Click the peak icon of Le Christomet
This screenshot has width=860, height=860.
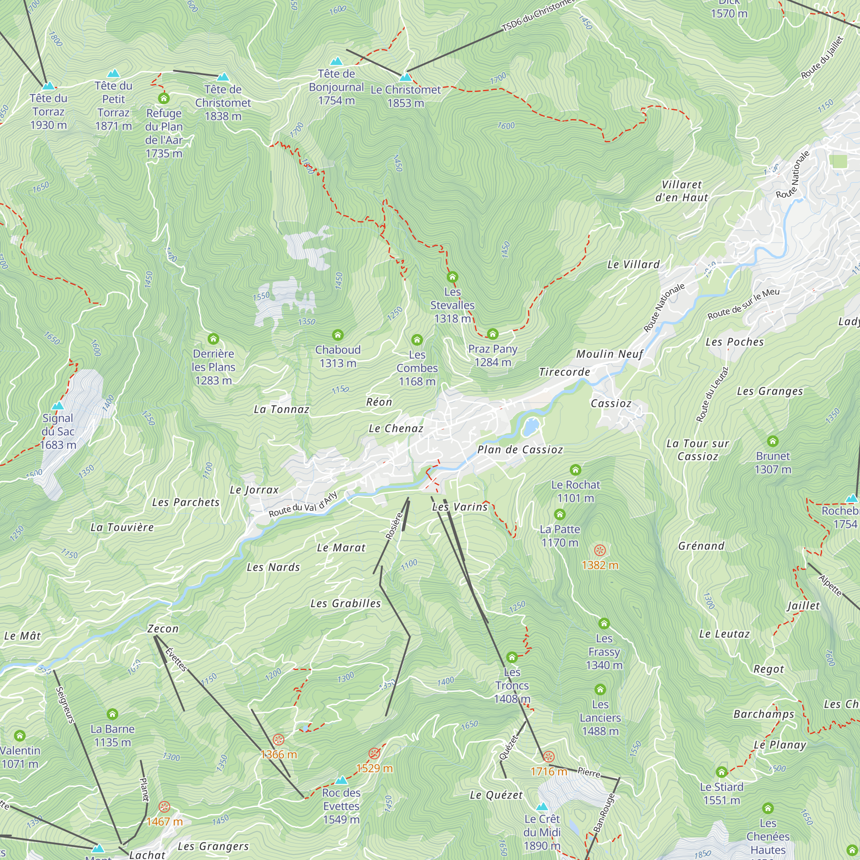pyautogui.click(x=405, y=77)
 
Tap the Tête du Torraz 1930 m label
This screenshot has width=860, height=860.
pyautogui.click(x=49, y=111)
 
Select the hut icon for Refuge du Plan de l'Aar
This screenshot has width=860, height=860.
pyautogui.click(x=164, y=98)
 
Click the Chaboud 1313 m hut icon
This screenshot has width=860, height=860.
pyautogui.click(x=338, y=335)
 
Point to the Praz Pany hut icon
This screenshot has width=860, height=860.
pyautogui.click(x=492, y=334)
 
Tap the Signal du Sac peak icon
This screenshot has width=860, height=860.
pyautogui.click(x=58, y=405)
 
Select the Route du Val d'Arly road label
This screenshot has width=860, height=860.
pyautogui.click(x=303, y=505)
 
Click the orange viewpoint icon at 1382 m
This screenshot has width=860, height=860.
pyautogui.click(x=599, y=551)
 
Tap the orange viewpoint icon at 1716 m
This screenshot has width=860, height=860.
pyautogui.click(x=548, y=757)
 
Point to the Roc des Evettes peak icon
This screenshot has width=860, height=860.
pyautogui.click(x=341, y=780)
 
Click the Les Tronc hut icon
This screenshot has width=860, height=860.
pyautogui.click(x=512, y=657)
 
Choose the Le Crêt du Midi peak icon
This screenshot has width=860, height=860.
pyautogui.click(x=542, y=807)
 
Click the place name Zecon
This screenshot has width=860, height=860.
pyautogui.click(x=163, y=629)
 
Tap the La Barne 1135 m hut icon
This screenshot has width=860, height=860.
pyautogui.click(x=112, y=714)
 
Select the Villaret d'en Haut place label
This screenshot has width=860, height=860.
pyautogui.click(x=682, y=191)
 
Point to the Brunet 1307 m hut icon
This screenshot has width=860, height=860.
pyautogui.click(x=773, y=441)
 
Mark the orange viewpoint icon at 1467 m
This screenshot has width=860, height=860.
pyautogui.click(x=164, y=807)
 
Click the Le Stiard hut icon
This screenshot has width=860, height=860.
pyautogui.click(x=722, y=772)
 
